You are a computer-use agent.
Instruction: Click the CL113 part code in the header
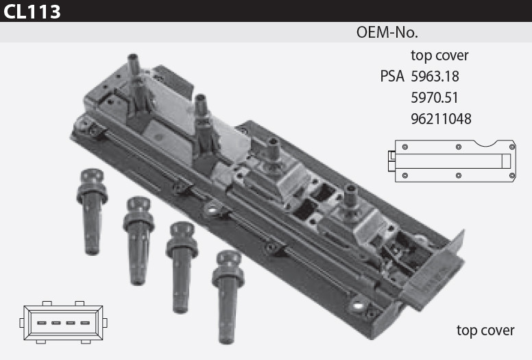(32, 11)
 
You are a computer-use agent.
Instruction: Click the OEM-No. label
(387, 33)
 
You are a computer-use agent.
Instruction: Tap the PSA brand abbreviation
(392, 76)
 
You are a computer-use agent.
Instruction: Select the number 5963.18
(435, 76)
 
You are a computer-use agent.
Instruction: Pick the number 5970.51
(435, 98)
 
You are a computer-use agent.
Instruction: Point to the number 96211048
(441, 119)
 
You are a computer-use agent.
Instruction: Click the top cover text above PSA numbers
(439, 56)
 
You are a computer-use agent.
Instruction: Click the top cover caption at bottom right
(485, 331)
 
